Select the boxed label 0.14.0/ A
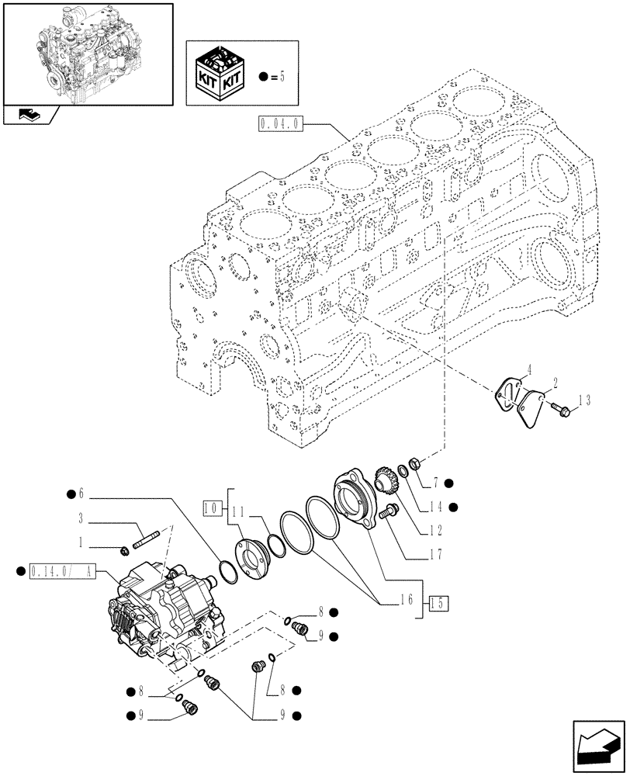tap(62, 572)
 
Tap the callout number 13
tap(584, 400)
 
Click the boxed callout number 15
tap(438, 603)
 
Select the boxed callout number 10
tap(209, 508)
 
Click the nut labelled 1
tap(124, 551)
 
